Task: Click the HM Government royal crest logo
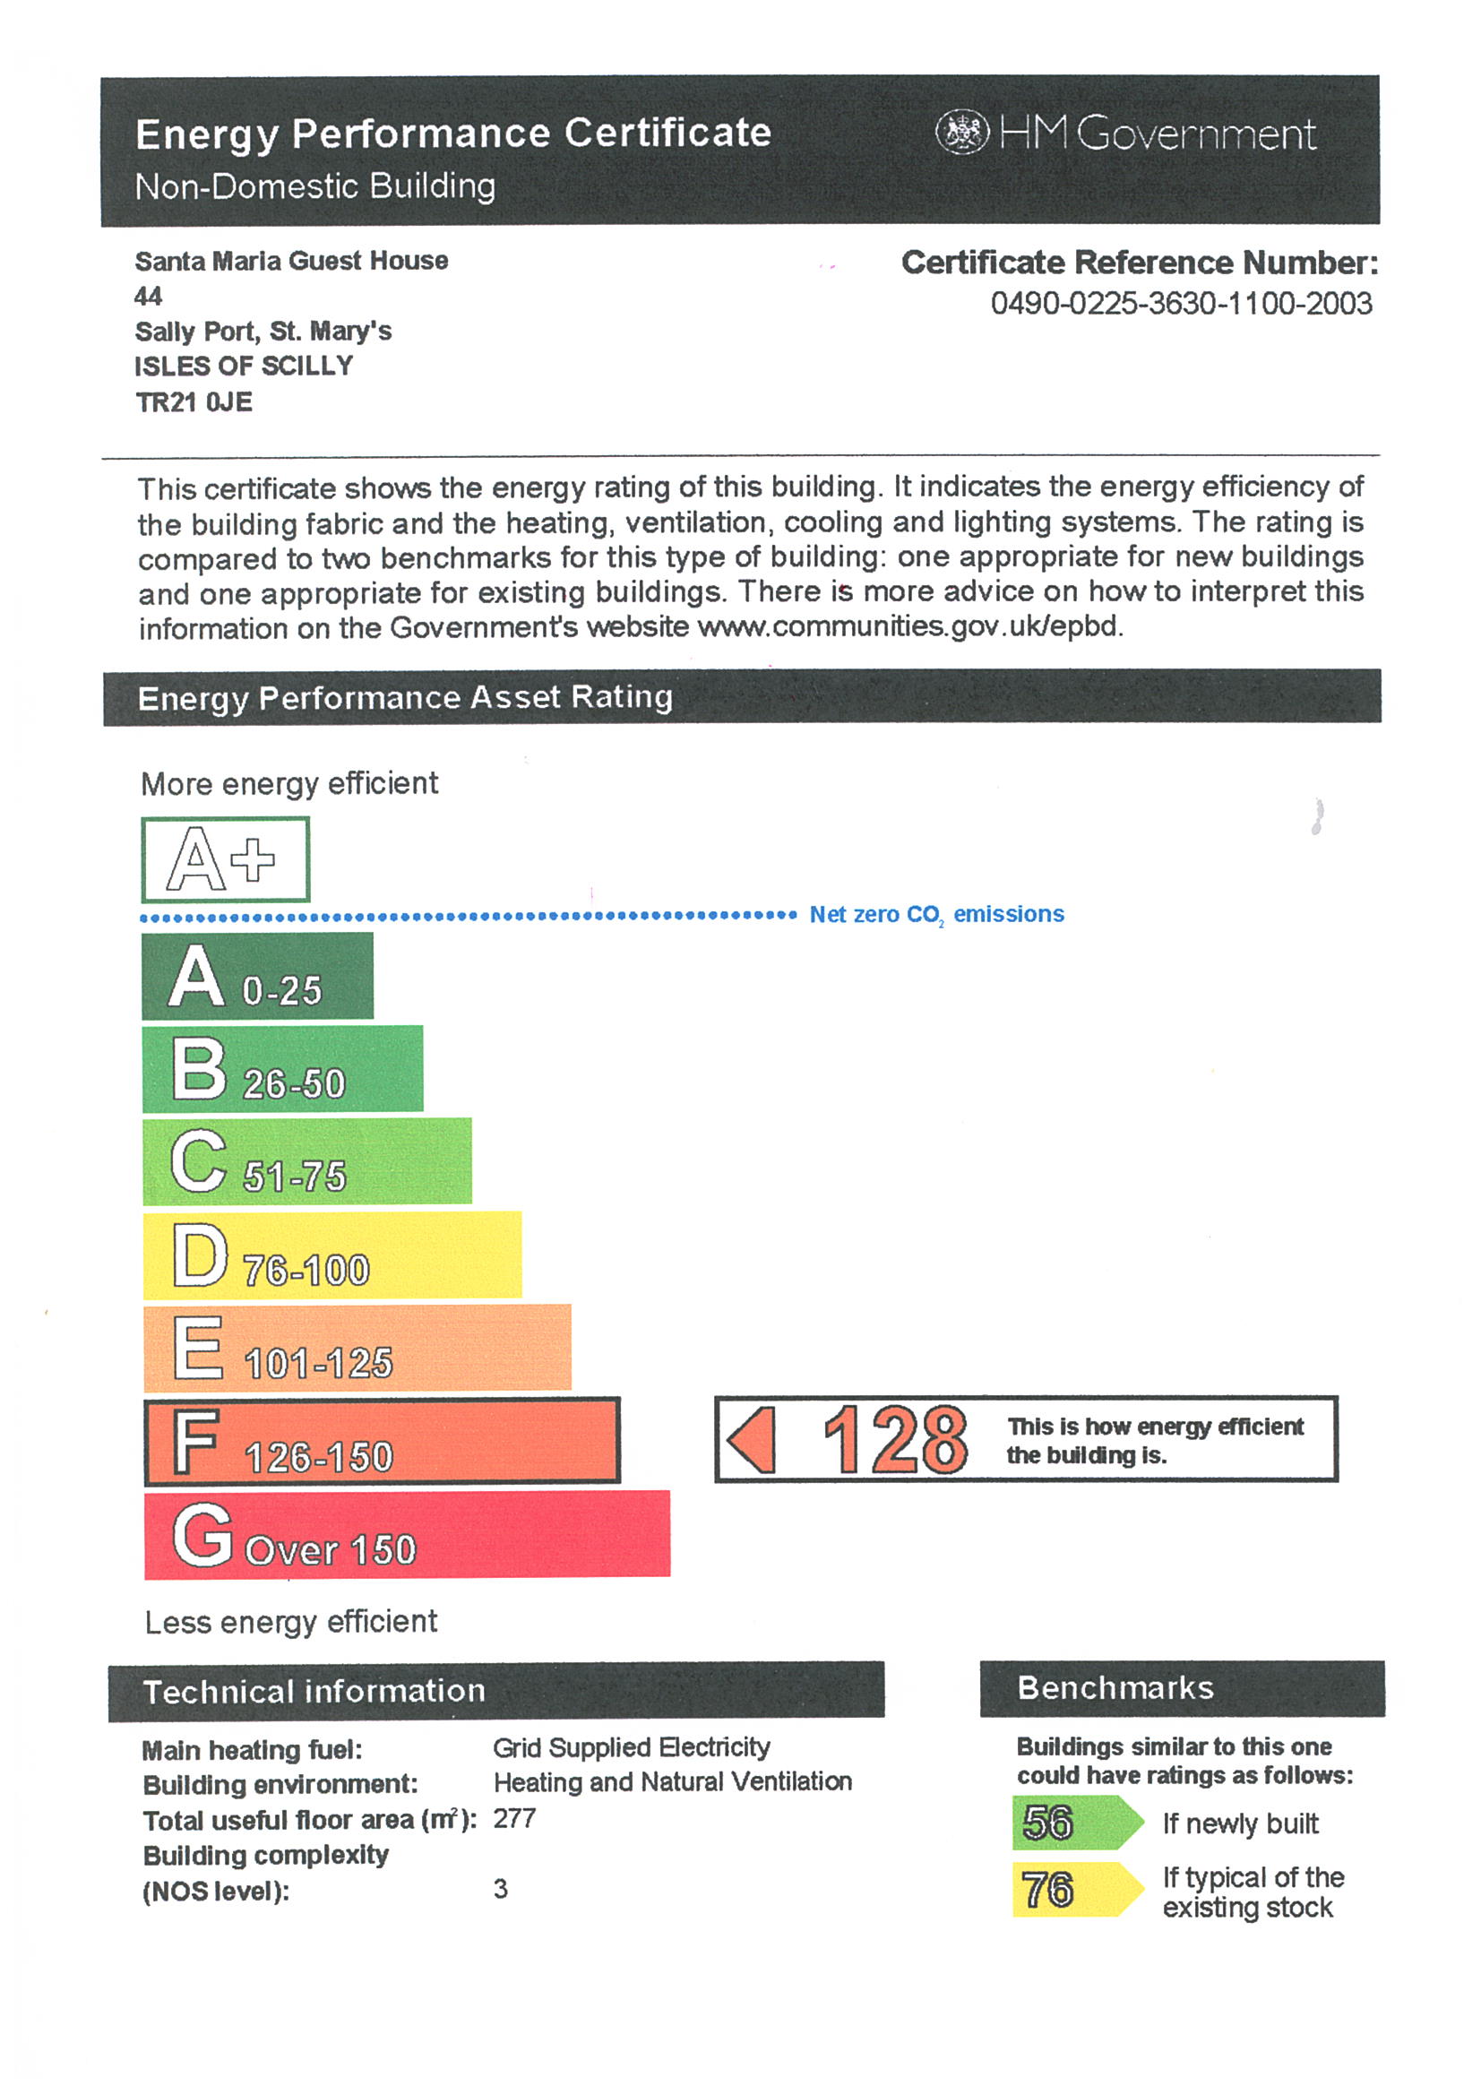click(960, 133)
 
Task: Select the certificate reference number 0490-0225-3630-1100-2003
click(1181, 303)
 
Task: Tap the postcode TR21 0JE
click(194, 401)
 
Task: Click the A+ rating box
click(226, 858)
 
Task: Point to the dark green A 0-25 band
click(257, 976)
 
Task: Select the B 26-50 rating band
click(282, 1068)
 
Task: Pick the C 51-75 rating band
click(306, 1161)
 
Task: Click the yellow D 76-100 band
click(332, 1254)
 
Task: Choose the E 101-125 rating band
click(357, 1348)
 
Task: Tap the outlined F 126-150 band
click(382, 1441)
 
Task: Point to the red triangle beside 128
click(753, 1440)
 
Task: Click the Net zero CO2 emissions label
click(936, 914)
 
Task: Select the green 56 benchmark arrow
click(1077, 1823)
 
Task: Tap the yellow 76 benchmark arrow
click(1077, 1889)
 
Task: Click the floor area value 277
click(514, 1818)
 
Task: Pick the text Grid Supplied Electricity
click(632, 1747)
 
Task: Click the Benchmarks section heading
click(1115, 1688)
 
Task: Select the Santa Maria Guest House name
click(291, 261)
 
